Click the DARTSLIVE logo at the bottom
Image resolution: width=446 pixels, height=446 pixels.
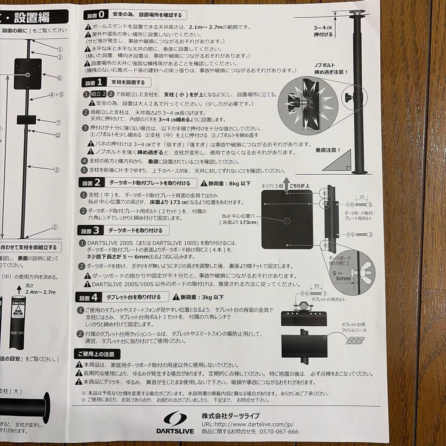(x=178, y=423)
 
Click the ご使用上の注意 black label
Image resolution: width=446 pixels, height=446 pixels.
(x=97, y=354)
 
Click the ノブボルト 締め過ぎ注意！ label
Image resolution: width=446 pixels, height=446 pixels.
(x=329, y=69)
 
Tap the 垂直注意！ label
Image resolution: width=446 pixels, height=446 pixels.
(x=328, y=150)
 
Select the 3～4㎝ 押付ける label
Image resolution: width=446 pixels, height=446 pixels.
(x=323, y=31)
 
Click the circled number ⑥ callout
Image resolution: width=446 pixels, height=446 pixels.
(x=59, y=78)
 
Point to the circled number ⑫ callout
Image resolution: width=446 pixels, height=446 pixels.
(x=58, y=135)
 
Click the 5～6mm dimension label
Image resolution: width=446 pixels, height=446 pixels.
(x=343, y=275)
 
